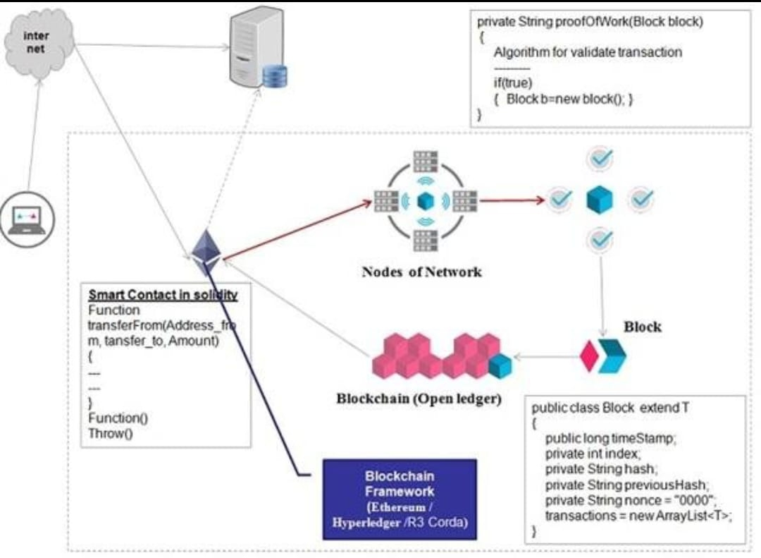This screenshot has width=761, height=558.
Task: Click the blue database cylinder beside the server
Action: (x=275, y=76)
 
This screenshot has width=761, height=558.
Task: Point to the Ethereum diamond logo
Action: (x=206, y=252)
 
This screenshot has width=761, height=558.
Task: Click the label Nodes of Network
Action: (x=421, y=272)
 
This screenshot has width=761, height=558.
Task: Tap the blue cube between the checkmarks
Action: (x=599, y=200)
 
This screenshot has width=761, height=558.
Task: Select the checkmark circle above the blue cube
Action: (x=599, y=159)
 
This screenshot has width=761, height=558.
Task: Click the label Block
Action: (x=642, y=327)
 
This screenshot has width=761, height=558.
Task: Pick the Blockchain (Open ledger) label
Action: (x=419, y=399)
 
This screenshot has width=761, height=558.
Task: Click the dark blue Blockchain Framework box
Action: (x=400, y=499)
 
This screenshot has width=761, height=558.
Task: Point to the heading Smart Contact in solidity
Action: (x=163, y=295)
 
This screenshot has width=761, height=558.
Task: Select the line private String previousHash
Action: (x=626, y=485)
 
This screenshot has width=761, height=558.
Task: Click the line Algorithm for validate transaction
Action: (x=588, y=52)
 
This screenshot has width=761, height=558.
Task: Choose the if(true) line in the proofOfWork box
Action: (x=512, y=83)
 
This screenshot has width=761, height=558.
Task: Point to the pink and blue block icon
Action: (x=603, y=356)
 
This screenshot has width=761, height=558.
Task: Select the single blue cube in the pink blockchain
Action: (x=500, y=366)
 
